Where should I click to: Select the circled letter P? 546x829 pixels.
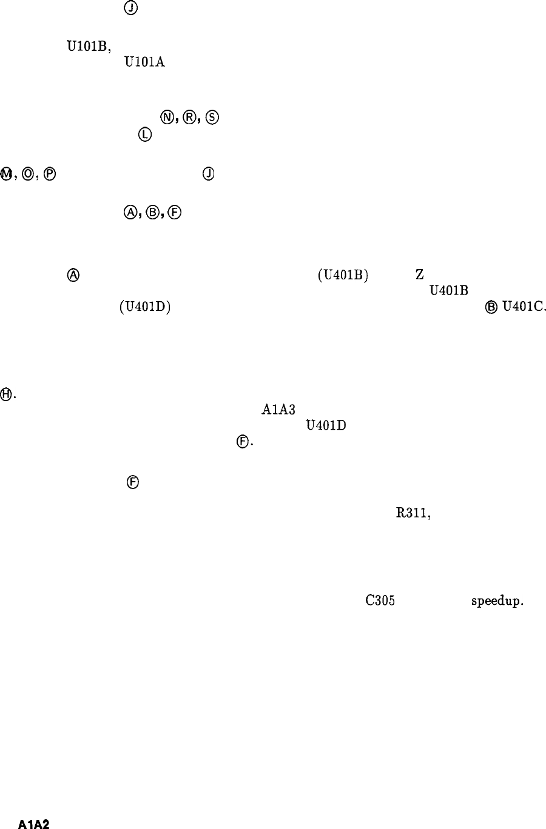click(50, 174)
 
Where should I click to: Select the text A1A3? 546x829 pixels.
click(278, 409)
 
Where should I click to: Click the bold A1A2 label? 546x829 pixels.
click(33, 824)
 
